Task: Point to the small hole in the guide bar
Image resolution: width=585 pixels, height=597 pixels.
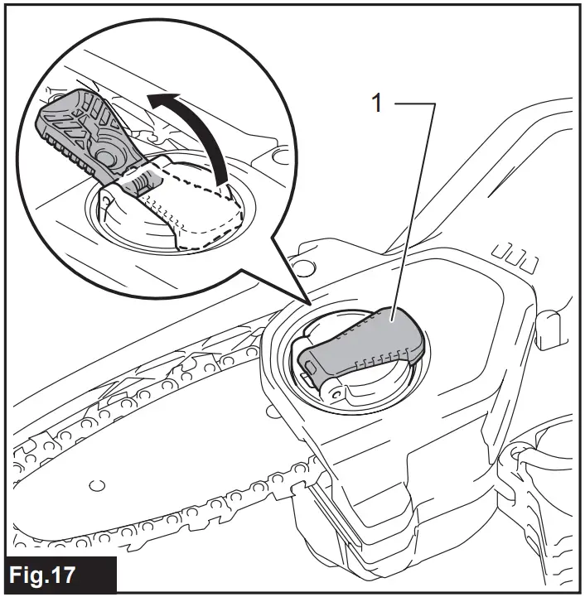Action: pyautogui.click(x=98, y=483)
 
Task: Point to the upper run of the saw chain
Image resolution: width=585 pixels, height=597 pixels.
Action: pyautogui.click(x=166, y=364)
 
